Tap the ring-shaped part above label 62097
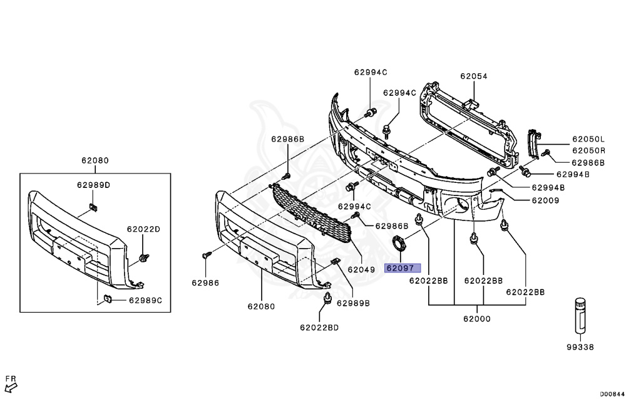[x=399, y=243]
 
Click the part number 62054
[x=473, y=76]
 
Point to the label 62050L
[x=588, y=139]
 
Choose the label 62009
[x=546, y=200]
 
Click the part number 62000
[x=477, y=318]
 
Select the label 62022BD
[x=319, y=327]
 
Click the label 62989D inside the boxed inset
[x=94, y=185]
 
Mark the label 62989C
[x=146, y=301]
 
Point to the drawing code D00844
[x=612, y=393]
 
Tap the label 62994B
[x=573, y=174]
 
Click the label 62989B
[x=354, y=303]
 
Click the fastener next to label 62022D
[x=145, y=257]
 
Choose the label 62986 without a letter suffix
[x=205, y=282]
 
